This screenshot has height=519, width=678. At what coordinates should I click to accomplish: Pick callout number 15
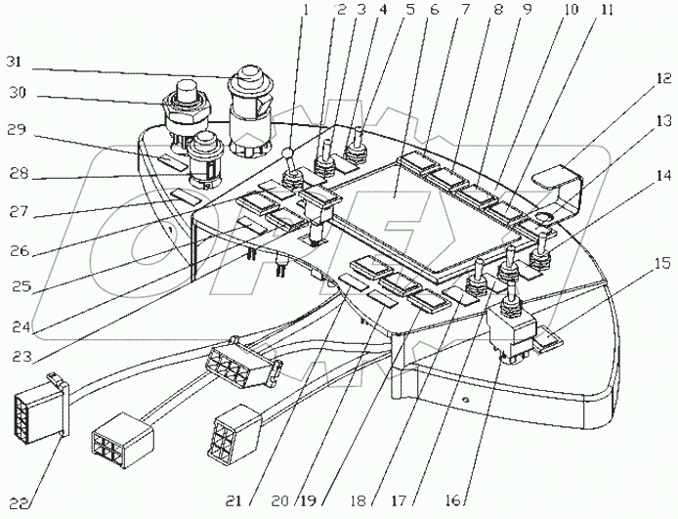(x=660, y=263)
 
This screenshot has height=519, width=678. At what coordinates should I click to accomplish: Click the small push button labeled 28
(x=206, y=159)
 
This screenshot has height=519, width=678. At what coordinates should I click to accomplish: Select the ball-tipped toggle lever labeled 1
(x=289, y=170)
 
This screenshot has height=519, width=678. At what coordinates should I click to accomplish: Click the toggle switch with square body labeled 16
(x=511, y=323)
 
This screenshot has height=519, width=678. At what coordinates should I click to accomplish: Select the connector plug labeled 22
(x=42, y=408)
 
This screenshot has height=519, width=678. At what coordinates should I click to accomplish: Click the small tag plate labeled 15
(x=548, y=338)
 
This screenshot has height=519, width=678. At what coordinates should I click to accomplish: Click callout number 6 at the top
(x=434, y=10)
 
